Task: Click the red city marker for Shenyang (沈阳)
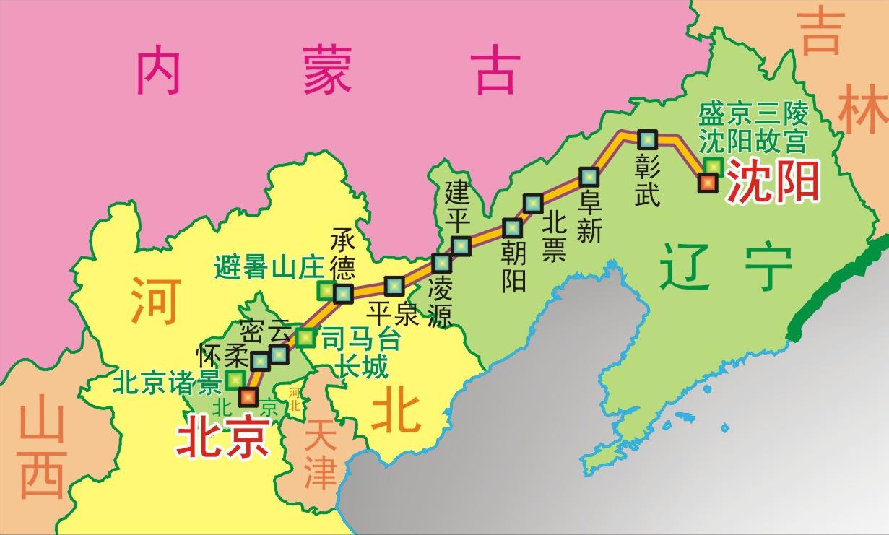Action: click(707, 183)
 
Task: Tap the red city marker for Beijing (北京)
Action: click(248, 396)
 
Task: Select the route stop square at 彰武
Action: click(646, 139)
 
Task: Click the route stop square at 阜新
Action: click(589, 176)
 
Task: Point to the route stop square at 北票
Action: click(534, 204)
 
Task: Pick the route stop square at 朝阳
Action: click(512, 227)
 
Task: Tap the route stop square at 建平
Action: click(460, 245)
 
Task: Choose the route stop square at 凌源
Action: click(441, 264)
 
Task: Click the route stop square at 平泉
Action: click(394, 286)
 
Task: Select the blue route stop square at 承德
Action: click(342, 293)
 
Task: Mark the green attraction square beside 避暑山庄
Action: click(326, 290)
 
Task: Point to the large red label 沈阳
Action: click(773, 181)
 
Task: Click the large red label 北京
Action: click(223, 438)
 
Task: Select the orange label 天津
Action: click(320, 453)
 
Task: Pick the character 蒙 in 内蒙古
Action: click(328, 69)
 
